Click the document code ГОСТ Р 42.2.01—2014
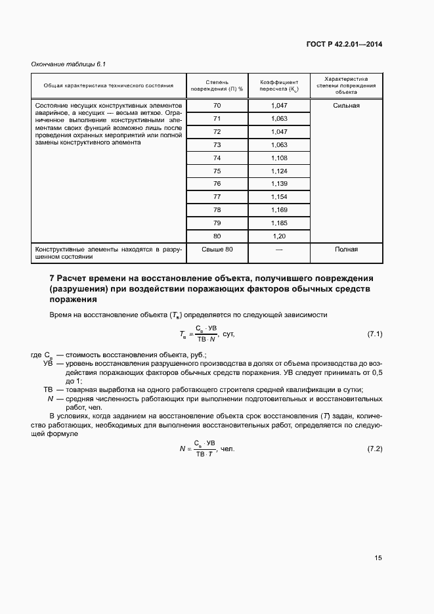tap(344, 45)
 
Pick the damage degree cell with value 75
tap(217, 171)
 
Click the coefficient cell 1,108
tap(279, 158)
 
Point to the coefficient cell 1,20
tap(279, 236)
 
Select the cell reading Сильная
tap(346, 106)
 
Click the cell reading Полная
tap(346, 250)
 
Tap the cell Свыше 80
tap(217, 250)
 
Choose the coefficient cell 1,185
tap(279, 223)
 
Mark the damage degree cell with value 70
tap(217, 106)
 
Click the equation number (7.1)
tap(374, 334)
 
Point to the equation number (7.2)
tap(374, 449)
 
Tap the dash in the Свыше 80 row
tap(279, 250)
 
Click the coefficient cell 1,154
tap(279, 197)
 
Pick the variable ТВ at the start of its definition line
tap(48, 389)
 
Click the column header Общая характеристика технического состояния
tap(108, 85)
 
